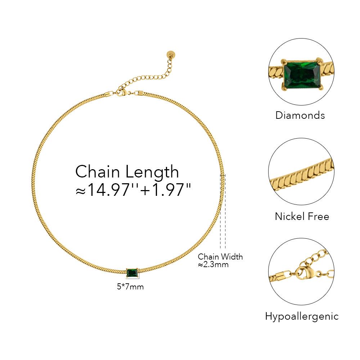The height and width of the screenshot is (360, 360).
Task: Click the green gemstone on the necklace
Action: pyautogui.click(x=132, y=273)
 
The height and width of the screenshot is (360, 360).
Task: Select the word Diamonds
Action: pyautogui.click(x=300, y=115)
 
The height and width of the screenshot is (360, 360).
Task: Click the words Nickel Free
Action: pyautogui.click(x=302, y=216)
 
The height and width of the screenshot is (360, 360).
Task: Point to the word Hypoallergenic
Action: pyautogui.click(x=302, y=316)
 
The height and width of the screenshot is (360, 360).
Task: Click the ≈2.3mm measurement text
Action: pyautogui.click(x=213, y=265)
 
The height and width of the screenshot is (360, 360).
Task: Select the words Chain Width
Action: pyautogui.click(x=220, y=257)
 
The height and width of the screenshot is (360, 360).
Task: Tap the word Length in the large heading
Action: pyautogui.click(x=152, y=172)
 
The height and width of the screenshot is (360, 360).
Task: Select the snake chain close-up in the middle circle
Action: pyautogui.click(x=302, y=177)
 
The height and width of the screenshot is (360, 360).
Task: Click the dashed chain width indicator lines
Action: pyautogui.click(x=223, y=212)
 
